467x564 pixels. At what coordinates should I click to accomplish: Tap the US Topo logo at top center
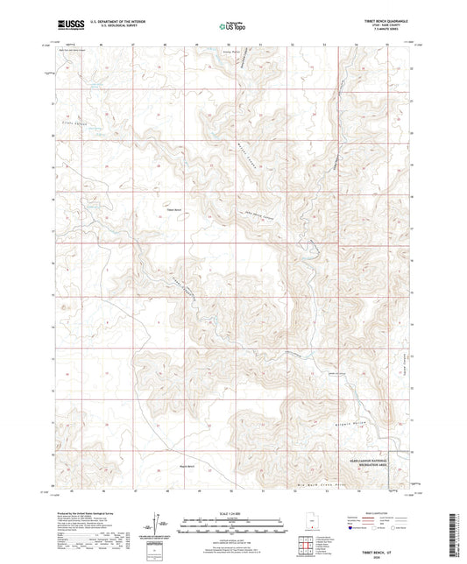232,27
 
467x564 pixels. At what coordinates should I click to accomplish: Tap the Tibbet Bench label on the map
173,210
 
